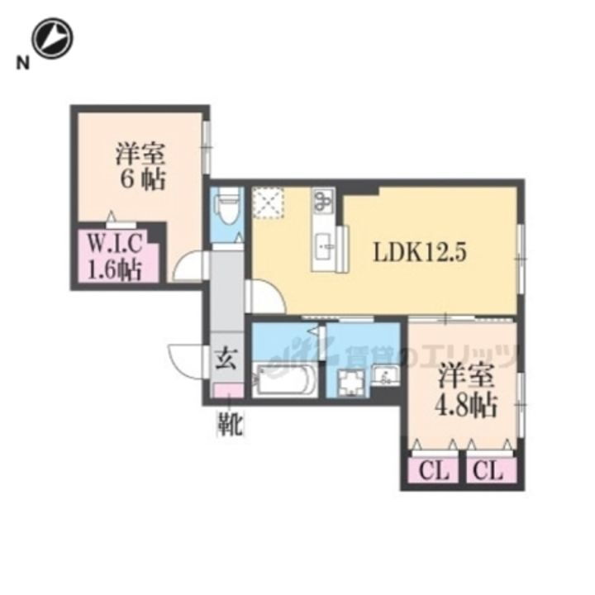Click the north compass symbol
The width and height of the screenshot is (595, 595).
point(52,38)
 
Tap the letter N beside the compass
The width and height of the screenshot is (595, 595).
point(23,63)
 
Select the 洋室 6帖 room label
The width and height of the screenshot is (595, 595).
point(140,165)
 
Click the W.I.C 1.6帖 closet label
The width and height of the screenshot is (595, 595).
point(115,257)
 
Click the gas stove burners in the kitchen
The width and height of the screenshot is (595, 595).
point(323,200)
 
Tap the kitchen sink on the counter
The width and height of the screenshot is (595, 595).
point(323,246)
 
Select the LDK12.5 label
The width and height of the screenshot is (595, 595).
point(420,252)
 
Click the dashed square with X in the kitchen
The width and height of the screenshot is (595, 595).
point(269,202)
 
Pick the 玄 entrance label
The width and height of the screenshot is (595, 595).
point(226,358)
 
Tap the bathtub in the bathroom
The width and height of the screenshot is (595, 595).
point(284,380)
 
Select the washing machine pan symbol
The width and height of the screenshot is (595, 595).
point(352,381)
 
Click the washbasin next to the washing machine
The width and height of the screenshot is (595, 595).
point(385,375)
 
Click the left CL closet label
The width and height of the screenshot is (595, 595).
point(434,472)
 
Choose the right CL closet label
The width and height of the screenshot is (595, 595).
point(488,472)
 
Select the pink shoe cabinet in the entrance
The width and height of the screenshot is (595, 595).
point(229,390)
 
